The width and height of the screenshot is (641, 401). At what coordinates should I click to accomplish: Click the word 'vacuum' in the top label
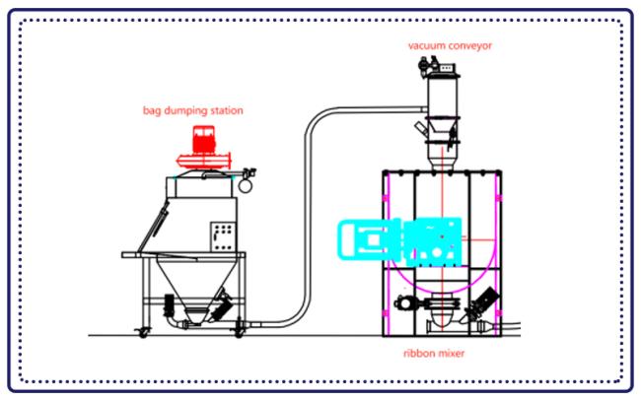(423, 45)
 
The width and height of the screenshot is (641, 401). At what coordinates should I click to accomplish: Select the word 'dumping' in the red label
(188, 110)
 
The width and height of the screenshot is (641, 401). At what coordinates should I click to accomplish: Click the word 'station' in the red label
(226, 110)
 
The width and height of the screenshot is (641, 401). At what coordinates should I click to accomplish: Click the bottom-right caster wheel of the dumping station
(239, 329)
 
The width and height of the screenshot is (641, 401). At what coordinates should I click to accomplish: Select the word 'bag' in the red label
(154, 110)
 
